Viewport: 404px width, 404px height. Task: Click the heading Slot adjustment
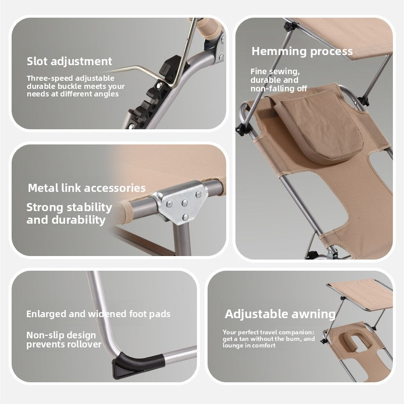coord(69,62)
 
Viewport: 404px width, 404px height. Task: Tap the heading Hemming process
coord(302,52)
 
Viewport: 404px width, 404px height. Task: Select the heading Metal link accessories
coord(86,188)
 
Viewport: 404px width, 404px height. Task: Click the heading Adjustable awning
coord(280,314)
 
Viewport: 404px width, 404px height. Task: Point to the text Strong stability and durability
coord(69,214)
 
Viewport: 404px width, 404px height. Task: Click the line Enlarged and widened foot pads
coord(98,314)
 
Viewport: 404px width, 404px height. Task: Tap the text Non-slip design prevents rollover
coord(64,340)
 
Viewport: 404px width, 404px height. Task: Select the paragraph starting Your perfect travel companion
coord(269,339)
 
